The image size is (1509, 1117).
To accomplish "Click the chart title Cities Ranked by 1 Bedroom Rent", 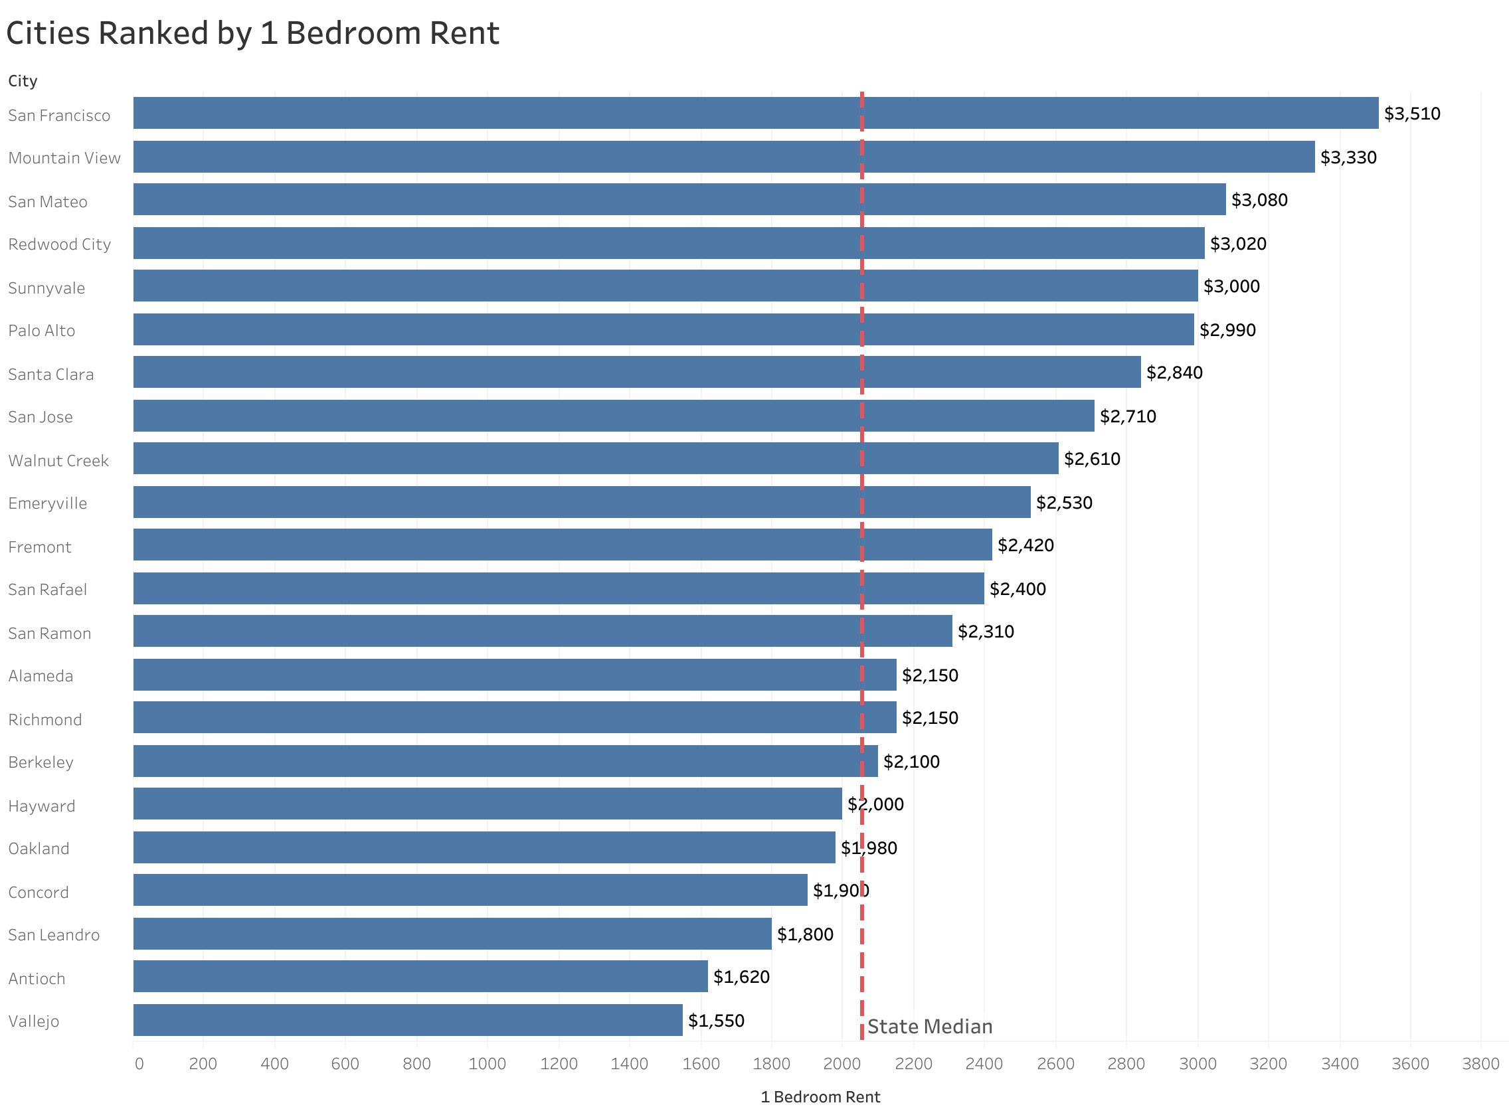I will pyautogui.click(x=252, y=33).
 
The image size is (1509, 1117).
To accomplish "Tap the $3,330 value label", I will pyautogui.click(x=1348, y=157).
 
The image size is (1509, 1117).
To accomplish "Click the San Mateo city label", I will pyautogui.click(x=48, y=201).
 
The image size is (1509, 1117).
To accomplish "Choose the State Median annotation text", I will pyautogui.click(x=930, y=1027).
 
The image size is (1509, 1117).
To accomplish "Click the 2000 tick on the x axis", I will pyautogui.click(x=842, y=1064).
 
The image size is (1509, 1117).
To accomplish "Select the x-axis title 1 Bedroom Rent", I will pyautogui.click(x=820, y=1096).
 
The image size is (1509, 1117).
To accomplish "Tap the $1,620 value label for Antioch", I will pyautogui.click(x=741, y=976).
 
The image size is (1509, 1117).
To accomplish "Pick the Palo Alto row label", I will pyautogui.click(x=42, y=331).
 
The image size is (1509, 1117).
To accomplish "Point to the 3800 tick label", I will pyautogui.click(x=1480, y=1064).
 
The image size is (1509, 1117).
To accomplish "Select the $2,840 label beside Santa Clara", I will pyautogui.click(x=1174, y=373).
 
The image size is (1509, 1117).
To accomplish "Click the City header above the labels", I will pyautogui.click(x=23, y=81).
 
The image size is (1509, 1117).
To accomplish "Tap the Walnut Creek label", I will pyautogui.click(x=58, y=460).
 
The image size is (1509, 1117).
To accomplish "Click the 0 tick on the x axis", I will pyautogui.click(x=139, y=1064).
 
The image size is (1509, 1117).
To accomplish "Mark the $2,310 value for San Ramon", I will pyautogui.click(x=986, y=632).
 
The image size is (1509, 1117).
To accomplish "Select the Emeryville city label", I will pyautogui.click(x=48, y=503).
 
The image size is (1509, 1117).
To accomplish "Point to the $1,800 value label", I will pyautogui.click(x=804, y=934).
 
